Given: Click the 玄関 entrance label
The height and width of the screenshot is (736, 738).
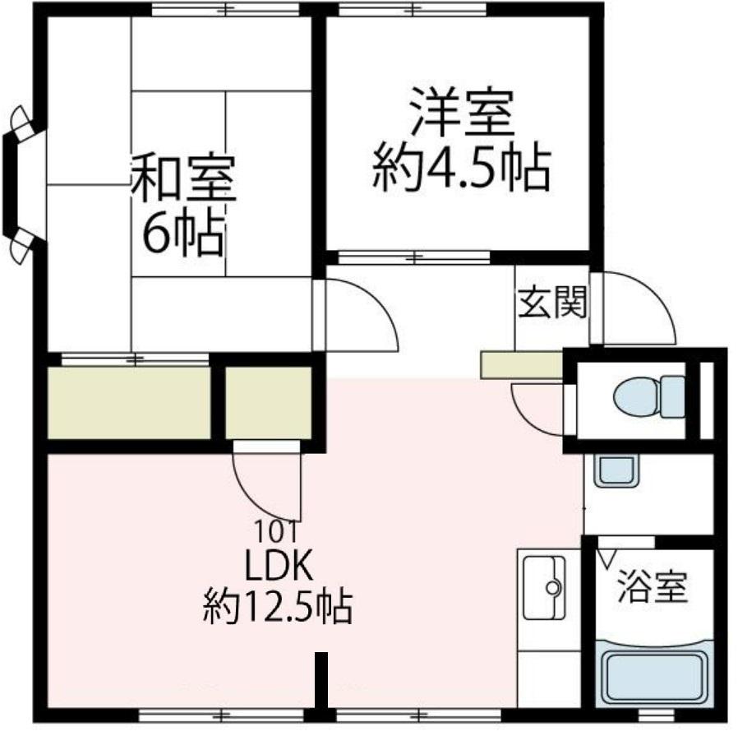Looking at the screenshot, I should [x=552, y=303].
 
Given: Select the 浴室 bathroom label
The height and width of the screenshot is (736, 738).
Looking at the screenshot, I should [x=652, y=589].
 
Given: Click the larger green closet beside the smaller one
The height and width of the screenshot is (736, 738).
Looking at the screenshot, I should [x=129, y=402].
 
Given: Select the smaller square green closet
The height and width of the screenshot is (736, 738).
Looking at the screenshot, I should [x=269, y=402].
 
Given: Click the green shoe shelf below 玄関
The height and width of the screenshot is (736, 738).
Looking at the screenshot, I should [x=521, y=365].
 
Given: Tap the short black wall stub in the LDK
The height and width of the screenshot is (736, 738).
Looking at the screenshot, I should [x=321, y=678].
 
